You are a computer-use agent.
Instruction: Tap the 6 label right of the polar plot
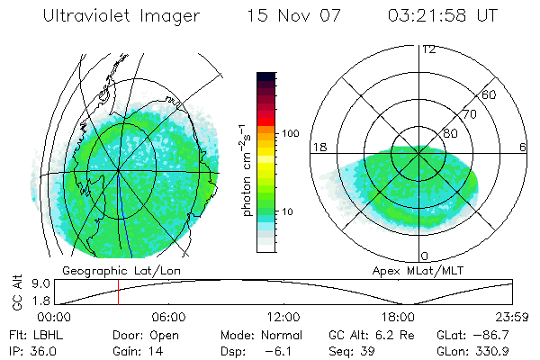(523, 148)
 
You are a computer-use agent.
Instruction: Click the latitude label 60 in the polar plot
(490, 94)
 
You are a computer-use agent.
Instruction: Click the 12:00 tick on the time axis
(283, 318)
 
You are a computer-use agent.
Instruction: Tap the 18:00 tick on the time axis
(398, 318)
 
